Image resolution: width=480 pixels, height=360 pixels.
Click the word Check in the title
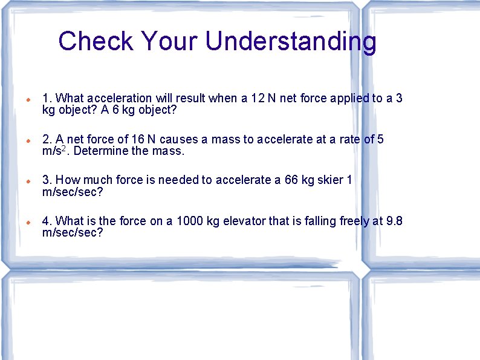[96, 41]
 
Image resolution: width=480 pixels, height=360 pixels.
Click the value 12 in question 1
[258, 98]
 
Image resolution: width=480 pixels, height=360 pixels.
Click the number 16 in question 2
[131, 139]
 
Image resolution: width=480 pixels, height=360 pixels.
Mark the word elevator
[244, 221]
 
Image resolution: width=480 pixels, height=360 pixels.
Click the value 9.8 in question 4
[394, 221]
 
